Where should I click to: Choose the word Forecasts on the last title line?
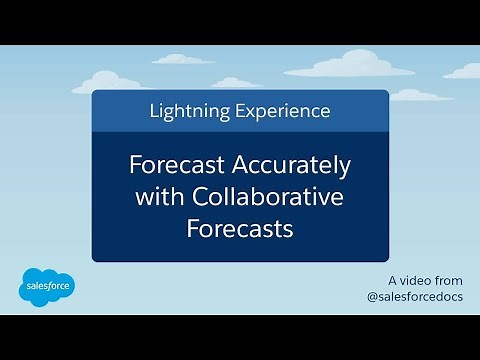point(239,229)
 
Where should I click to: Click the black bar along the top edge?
point(240,20)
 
